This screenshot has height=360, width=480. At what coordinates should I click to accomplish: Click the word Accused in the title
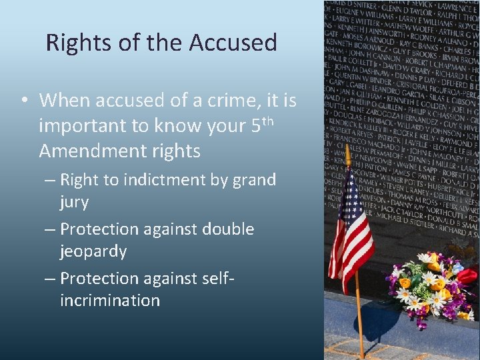(233, 43)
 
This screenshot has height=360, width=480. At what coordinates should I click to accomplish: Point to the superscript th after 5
(268, 121)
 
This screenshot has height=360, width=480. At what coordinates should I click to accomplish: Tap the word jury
(74, 202)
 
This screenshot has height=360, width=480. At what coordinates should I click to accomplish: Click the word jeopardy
(93, 251)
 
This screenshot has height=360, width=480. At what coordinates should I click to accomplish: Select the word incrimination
(110, 301)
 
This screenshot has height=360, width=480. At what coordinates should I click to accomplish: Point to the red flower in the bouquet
(468, 276)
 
